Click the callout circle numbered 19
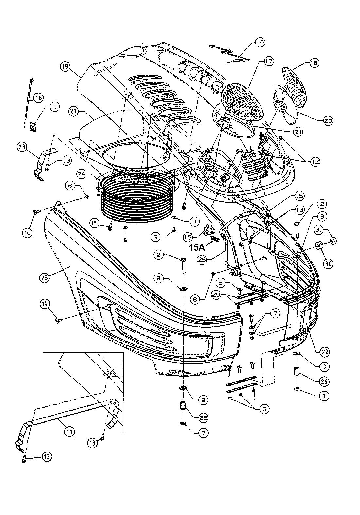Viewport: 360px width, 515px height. point(65,66)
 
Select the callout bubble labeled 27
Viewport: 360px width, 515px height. point(74,111)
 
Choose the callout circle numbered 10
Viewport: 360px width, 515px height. point(260,42)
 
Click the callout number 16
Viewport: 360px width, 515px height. point(38,98)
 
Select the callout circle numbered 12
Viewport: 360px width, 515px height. point(315,161)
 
